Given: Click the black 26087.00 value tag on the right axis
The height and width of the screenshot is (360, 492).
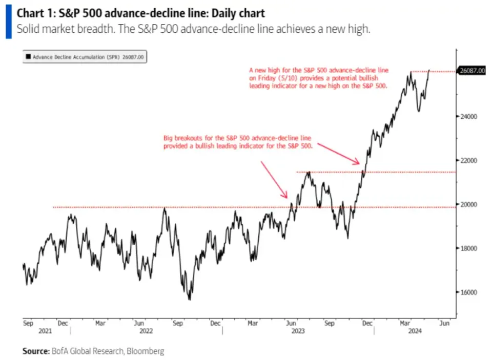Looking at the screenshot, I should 472,71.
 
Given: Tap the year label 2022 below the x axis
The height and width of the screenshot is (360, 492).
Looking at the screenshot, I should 146,331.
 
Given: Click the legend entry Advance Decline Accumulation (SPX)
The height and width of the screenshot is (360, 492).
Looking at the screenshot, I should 85,58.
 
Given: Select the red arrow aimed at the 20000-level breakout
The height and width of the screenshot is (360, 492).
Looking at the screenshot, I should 274,179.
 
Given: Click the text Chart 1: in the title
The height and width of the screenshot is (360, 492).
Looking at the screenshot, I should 34,12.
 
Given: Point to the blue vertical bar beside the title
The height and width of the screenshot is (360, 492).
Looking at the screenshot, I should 8,21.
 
